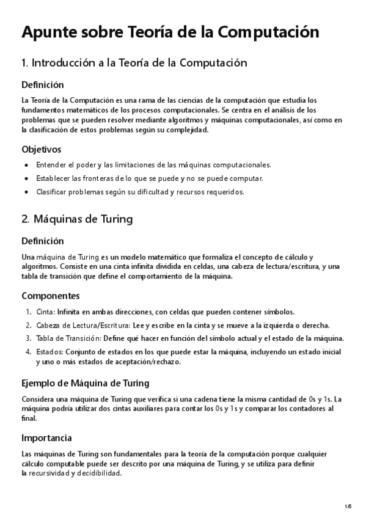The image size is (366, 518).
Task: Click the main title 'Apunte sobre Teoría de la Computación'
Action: (x=170, y=32)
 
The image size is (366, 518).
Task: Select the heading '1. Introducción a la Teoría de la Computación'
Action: (x=134, y=63)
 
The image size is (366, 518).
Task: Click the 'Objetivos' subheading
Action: (x=41, y=149)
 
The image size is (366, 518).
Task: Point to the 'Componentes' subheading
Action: (x=50, y=296)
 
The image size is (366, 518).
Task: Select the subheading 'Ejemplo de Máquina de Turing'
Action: (x=85, y=383)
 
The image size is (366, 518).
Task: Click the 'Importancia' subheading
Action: (x=46, y=438)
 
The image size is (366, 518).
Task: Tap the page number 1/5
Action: (x=348, y=506)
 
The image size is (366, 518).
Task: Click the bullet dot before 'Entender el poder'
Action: (x=25, y=165)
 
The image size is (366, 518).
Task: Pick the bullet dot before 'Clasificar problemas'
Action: (x=25, y=192)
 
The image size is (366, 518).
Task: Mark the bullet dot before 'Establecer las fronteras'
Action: (x=25, y=178)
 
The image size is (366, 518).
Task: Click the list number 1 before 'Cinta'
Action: (x=28, y=312)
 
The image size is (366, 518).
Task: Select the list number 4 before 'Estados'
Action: (x=28, y=352)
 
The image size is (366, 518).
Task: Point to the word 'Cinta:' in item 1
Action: (x=46, y=312)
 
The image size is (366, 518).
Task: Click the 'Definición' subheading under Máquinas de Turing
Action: (x=42, y=241)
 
